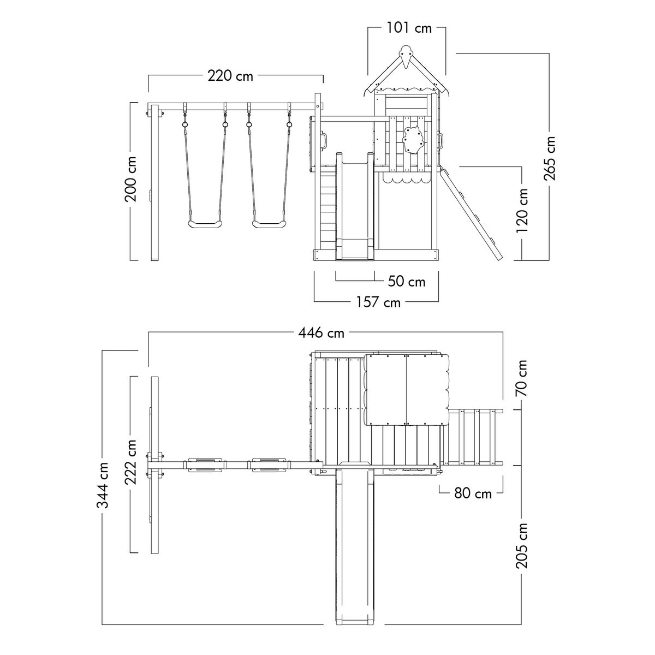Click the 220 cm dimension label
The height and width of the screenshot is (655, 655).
coord(230,75)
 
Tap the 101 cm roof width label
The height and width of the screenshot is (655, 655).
coord(409,28)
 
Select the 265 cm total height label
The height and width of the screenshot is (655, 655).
coord(549,158)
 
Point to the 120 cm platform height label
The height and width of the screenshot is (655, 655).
coord(522,211)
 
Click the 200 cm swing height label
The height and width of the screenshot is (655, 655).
coord(131,179)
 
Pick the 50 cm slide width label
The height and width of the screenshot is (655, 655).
coord(407,282)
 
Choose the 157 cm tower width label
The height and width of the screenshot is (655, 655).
coord(378,302)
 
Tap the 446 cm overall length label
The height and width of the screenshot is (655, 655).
coord(321,333)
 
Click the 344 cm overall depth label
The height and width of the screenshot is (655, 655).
coord(103,485)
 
